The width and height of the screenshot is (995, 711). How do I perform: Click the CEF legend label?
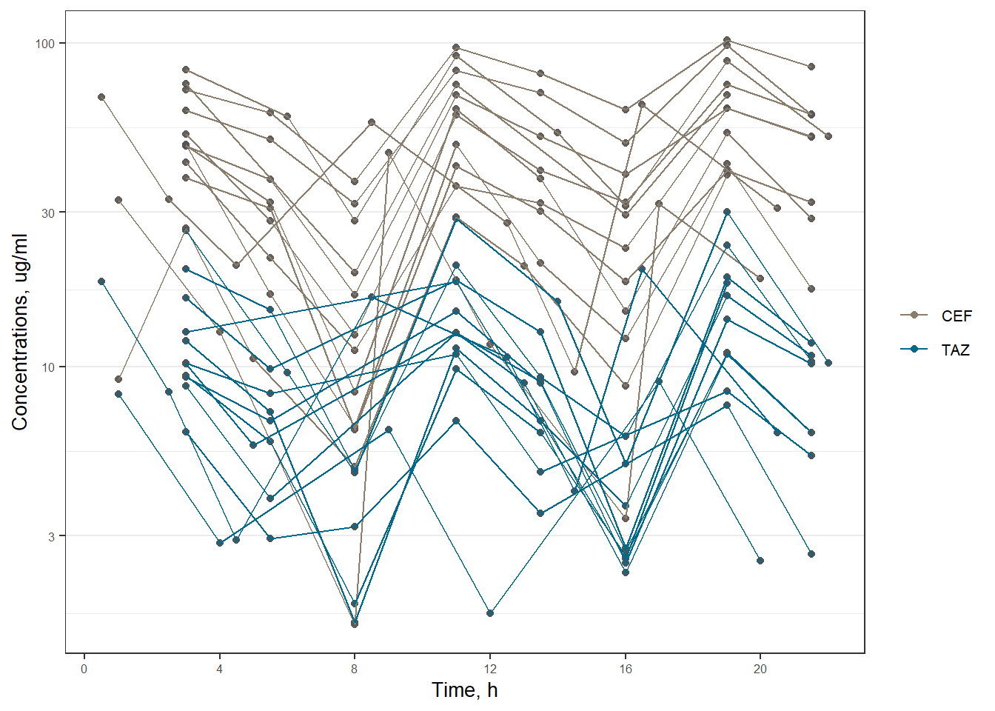[x=957, y=316]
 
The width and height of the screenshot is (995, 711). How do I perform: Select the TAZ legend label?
[x=955, y=350]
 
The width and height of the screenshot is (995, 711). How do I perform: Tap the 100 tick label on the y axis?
[x=46, y=44]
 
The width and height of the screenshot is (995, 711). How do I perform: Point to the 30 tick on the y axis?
[x=49, y=213]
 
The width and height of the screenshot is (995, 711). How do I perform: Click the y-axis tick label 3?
[x=52, y=536]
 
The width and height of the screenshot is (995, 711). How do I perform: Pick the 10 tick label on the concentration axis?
[x=49, y=367]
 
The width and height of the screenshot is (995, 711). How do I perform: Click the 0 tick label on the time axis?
[x=84, y=670]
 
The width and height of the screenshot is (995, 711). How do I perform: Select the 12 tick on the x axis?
[x=490, y=670]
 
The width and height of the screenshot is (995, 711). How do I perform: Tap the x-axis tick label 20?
[x=760, y=670]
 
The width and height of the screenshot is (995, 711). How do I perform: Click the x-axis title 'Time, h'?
[x=465, y=691]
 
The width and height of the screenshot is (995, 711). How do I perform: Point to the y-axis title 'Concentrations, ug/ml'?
[x=20, y=332]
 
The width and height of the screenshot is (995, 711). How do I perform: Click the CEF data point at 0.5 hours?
[x=101, y=97]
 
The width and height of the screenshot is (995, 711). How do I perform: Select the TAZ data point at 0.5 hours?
[x=101, y=281]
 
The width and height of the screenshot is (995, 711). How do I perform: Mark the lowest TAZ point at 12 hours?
[x=490, y=613]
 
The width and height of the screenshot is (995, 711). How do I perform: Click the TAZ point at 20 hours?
[x=760, y=561]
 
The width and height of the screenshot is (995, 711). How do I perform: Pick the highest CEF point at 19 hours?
[x=727, y=40]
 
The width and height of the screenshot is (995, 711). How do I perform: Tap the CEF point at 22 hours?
[x=828, y=136]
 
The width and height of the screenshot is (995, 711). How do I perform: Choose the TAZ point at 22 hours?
[x=828, y=363]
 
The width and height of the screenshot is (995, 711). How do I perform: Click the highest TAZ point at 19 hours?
[x=727, y=212]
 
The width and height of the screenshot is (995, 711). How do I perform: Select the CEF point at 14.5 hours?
[x=574, y=372]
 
